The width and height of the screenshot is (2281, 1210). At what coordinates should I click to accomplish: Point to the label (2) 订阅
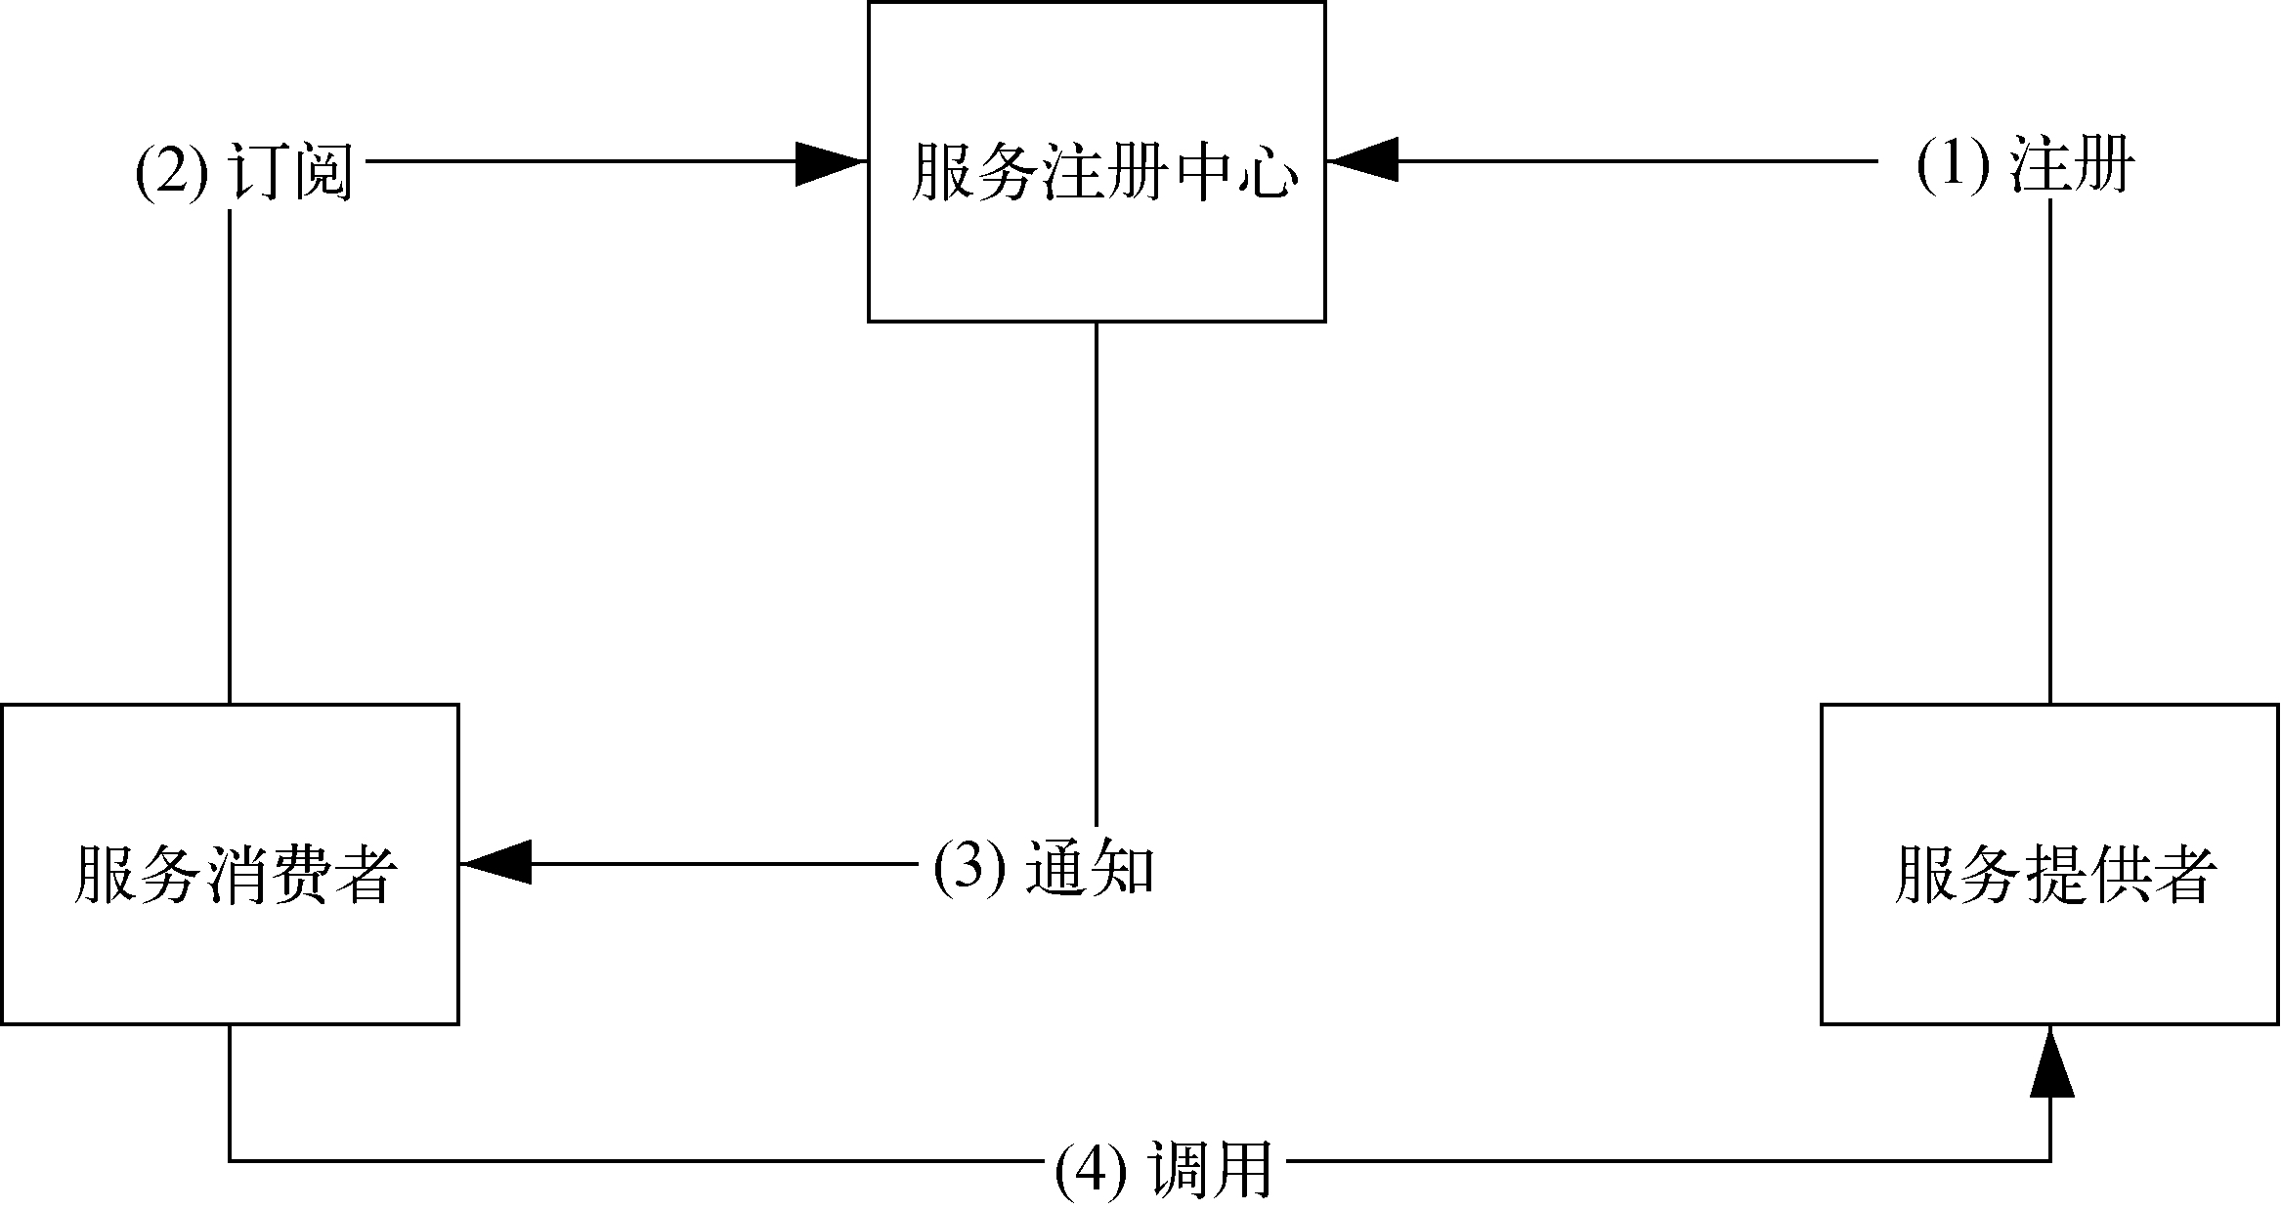tap(243, 168)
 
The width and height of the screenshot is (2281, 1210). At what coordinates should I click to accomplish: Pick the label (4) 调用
tap(1164, 1168)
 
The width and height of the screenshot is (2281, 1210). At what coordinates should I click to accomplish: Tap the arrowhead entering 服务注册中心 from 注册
tap(1362, 160)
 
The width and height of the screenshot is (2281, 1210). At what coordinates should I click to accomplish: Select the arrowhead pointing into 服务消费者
tap(495, 863)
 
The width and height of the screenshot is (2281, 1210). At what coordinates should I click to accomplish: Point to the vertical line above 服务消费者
tap(230, 459)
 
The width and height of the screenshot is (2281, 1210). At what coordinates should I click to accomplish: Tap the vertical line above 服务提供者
tap(2049, 459)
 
